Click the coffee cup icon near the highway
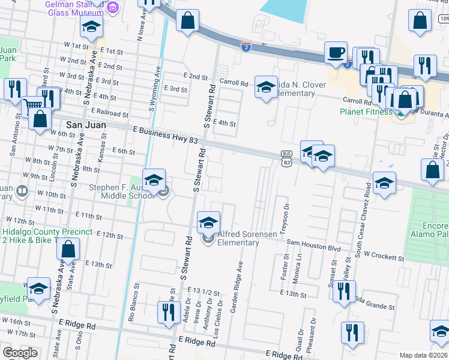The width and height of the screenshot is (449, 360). pyautogui.click(x=336, y=52)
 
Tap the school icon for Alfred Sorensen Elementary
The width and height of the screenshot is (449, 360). pyautogui.click(x=208, y=223)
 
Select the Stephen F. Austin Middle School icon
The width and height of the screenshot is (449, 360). pyautogui.click(x=154, y=180)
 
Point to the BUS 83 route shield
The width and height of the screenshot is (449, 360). pyautogui.click(x=286, y=158)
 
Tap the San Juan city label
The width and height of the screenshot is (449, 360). pyautogui.click(x=86, y=125)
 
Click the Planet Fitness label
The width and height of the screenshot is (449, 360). pyautogui.click(x=365, y=112)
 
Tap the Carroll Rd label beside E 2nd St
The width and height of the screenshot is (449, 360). pyautogui.click(x=234, y=83)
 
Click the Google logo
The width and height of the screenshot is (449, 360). pyautogui.click(x=20, y=353)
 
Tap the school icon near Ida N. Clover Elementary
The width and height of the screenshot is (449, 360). pyautogui.click(x=264, y=88)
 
